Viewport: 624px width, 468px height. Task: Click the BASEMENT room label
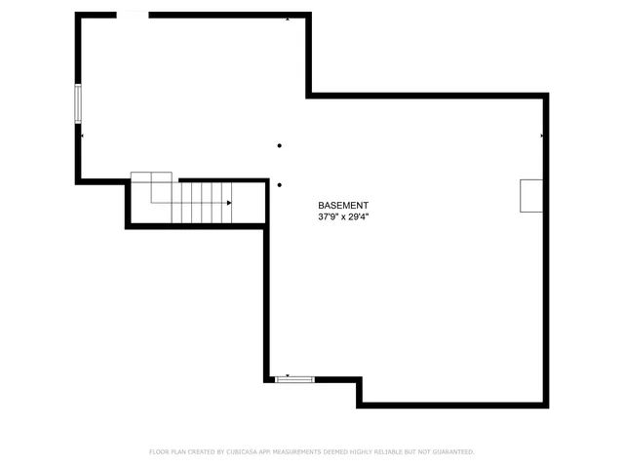click(x=344, y=206)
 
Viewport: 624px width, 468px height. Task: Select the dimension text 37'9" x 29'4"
click(x=344, y=217)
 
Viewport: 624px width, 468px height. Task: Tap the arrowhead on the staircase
click(x=229, y=203)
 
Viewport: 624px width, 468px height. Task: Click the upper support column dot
click(x=280, y=146)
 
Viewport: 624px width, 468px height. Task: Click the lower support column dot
click(x=280, y=184)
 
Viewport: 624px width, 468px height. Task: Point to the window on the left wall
click(x=78, y=101)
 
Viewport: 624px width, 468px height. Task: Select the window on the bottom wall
click(x=293, y=379)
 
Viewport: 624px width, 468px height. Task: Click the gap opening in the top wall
click(x=133, y=15)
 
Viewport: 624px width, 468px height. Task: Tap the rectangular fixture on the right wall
click(x=530, y=196)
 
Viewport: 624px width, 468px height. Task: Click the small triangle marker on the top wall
click(x=288, y=19)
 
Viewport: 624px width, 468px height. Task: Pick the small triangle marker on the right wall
click(x=541, y=136)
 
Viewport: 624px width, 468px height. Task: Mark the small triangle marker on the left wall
click(x=83, y=136)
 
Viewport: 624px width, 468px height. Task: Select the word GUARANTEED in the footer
click(x=450, y=452)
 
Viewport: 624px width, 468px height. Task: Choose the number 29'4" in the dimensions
click(x=360, y=217)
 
